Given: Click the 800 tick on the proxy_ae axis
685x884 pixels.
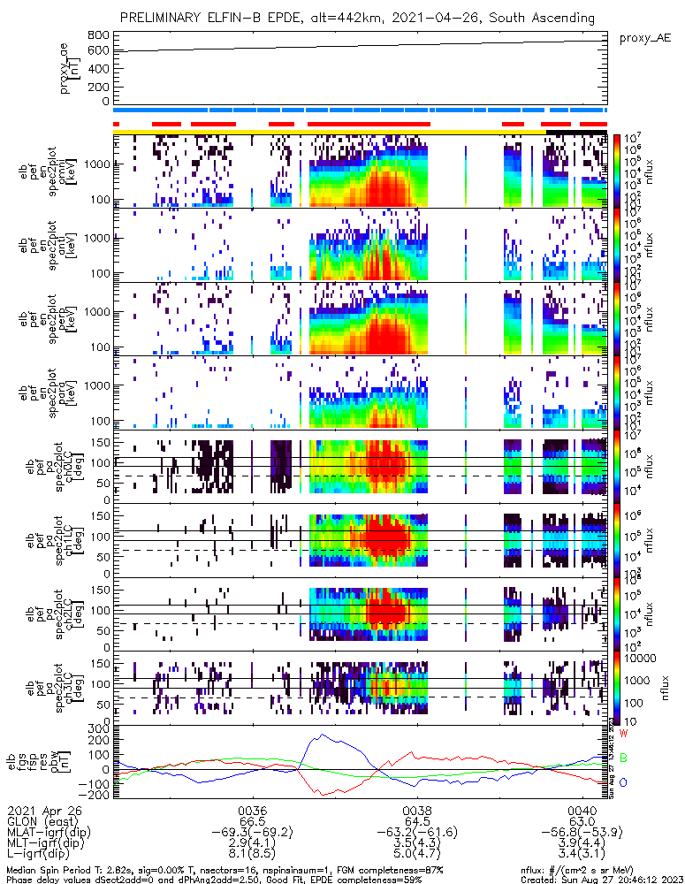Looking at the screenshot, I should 98,34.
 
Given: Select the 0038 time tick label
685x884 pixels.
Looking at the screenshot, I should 417,810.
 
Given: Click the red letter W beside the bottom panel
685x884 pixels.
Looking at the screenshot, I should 623,734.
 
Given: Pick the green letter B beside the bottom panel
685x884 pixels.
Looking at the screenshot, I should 623,758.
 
